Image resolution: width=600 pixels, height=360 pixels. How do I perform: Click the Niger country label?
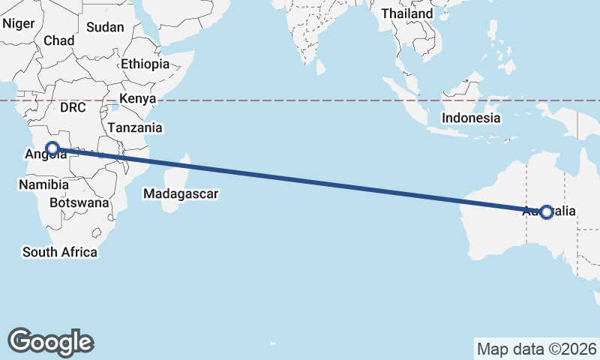tap(19, 23)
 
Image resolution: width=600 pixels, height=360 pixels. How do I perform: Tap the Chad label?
tap(58, 40)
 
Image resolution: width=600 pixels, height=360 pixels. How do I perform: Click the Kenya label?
tap(137, 98)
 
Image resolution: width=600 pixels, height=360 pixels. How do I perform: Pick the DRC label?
tap(73, 107)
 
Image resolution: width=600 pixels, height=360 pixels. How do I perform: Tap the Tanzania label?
tap(135, 127)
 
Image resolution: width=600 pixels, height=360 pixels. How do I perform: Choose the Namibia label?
tap(44, 184)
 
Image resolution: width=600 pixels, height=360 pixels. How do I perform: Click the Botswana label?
tap(79, 202)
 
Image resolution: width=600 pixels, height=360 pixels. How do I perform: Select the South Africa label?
tap(60, 252)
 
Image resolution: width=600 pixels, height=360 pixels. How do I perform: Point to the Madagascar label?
tap(181, 194)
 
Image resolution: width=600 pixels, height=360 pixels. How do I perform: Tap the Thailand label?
tap(407, 13)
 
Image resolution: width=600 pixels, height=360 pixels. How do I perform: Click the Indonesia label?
tap(471, 118)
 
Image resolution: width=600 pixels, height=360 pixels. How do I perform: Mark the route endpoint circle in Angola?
tap(52, 148)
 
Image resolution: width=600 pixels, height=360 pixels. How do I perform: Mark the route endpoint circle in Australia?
tap(547, 212)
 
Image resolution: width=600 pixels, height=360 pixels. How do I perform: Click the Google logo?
tap(50, 341)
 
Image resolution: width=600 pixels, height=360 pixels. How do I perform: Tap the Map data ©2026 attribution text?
tap(536, 349)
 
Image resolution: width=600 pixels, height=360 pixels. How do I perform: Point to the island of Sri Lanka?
tap(320, 67)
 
